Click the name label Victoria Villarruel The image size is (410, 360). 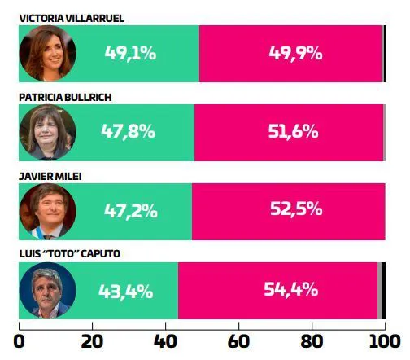pyautogui.click(x=72, y=17)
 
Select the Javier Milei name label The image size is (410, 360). pyautogui.click(x=50, y=175)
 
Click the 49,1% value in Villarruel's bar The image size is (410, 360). pyautogui.click(x=130, y=54)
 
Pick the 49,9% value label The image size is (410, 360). pyautogui.click(x=295, y=54)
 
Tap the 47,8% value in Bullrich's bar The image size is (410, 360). pyautogui.click(x=128, y=132)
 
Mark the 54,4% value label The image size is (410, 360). pyautogui.click(x=291, y=290)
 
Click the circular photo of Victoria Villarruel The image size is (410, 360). pyautogui.click(x=47, y=54)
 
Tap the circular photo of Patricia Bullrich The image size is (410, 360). pyautogui.click(x=47, y=132)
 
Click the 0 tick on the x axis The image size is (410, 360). pyautogui.click(x=20, y=340)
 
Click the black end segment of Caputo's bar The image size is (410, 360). pyautogui.click(x=382, y=291)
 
